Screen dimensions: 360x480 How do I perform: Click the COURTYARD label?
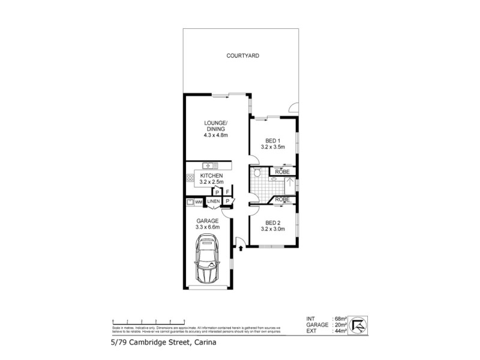pyautogui.click(x=242, y=56)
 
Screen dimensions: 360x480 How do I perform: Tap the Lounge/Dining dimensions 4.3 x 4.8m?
pyautogui.click(x=214, y=135)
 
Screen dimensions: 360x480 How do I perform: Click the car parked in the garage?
pyautogui.click(x=208, y=260)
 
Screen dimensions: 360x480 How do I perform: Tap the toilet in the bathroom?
pyautogui.click(x=257, y=174)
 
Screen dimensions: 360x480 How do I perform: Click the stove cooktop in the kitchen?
pyautogui.click(x=190, y=177)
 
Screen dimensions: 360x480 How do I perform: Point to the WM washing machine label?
pyautogui.click(x=198, y=202)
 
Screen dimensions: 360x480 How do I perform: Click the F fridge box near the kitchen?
pyautogui.click(x=228, y=191)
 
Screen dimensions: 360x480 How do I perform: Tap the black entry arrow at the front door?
pyautogui.click(x=240, y=247)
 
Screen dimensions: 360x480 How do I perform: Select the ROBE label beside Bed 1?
pyautogui.click(x=283, y=172)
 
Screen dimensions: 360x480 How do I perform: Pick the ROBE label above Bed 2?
pyautogui.click(x=283, y=199)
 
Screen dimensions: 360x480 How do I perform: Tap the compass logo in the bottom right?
pyautogui.click(x=358, y=324)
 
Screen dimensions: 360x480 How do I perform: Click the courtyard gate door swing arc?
pyautogui.click(x=293, y=108)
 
